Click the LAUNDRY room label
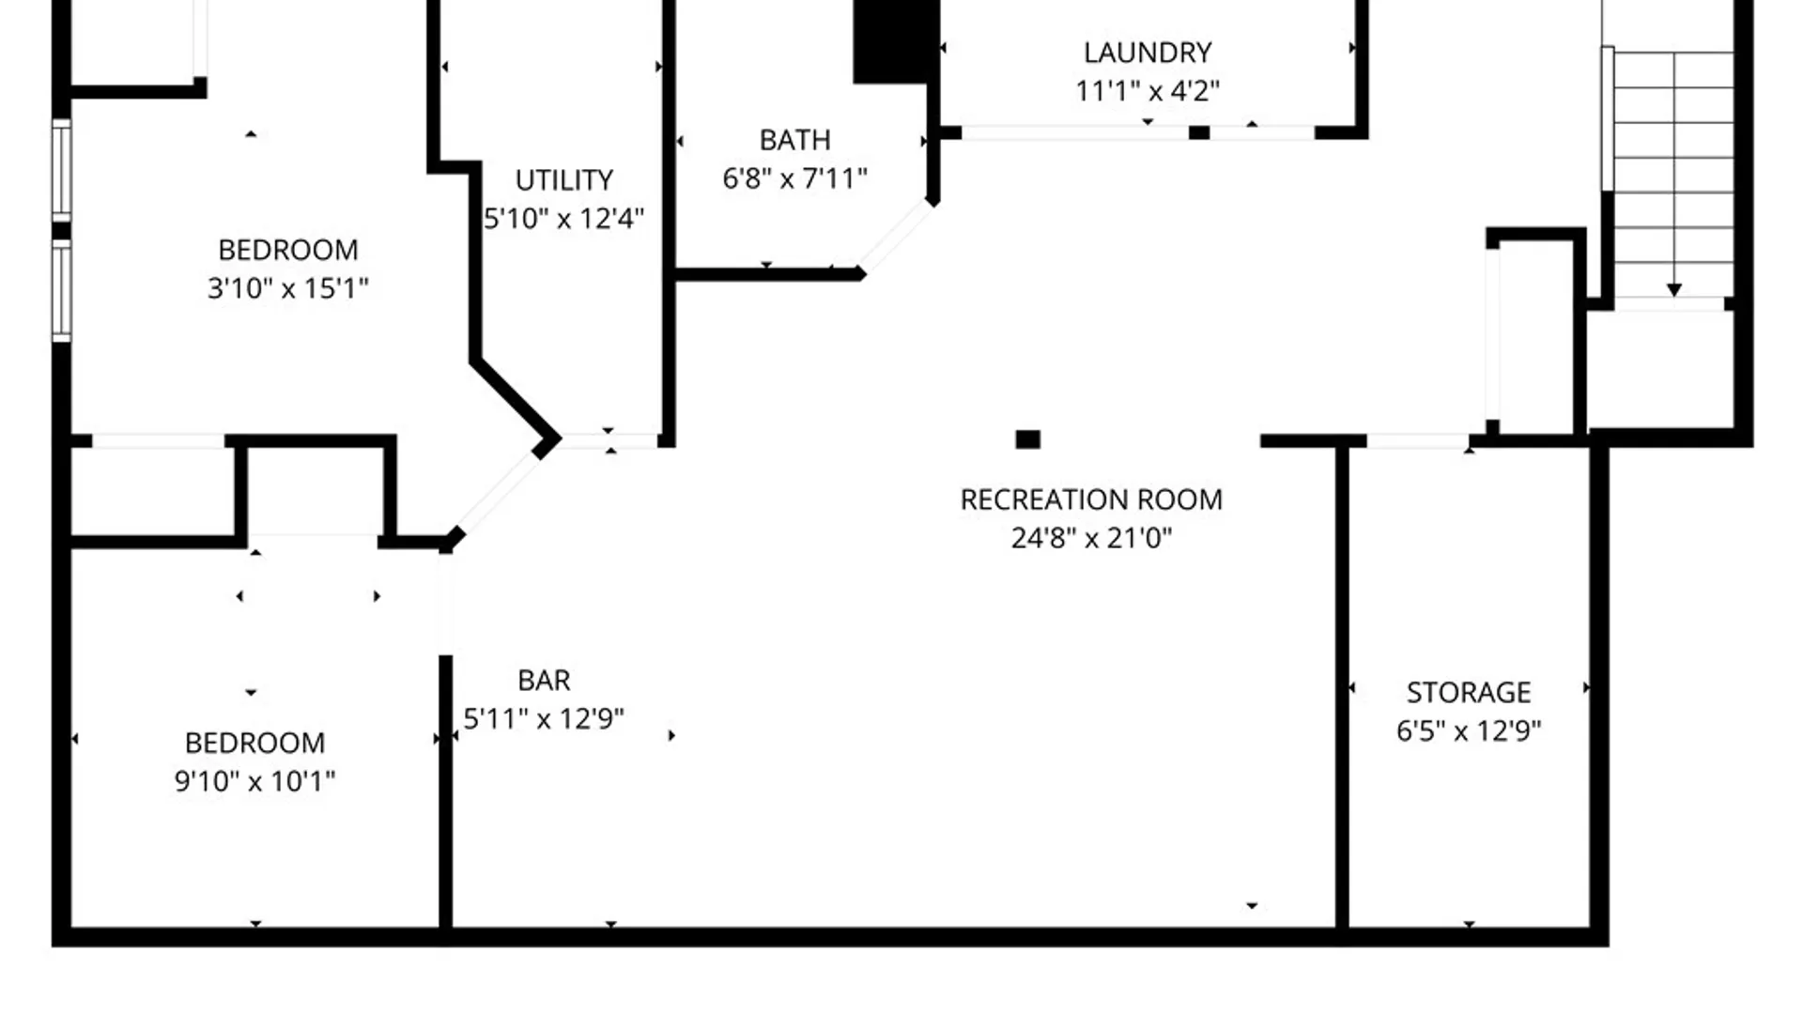click(1147, 53)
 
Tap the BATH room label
click(794, 140)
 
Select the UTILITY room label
click(563, 179)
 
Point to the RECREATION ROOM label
click(1091, 499)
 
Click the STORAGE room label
click(1469, 692)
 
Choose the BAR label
click(544, 680)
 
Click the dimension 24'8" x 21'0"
click(1091, 538)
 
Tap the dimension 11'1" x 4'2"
click(1147, 91)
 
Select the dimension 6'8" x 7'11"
click(794, 178)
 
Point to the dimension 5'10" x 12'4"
click(563, 219)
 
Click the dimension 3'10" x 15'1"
click(287, 288)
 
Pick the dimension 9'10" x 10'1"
click(254, 781)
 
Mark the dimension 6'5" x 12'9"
click(1469, 730)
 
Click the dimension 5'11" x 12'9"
click(544, 719)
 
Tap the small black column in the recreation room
click(1028, 439)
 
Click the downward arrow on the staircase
click(1673, 290)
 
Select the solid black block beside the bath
click(896, 42)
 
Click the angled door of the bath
click(897, 237)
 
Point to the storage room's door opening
click(1418, 441)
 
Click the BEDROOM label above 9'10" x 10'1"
click(254, 743)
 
